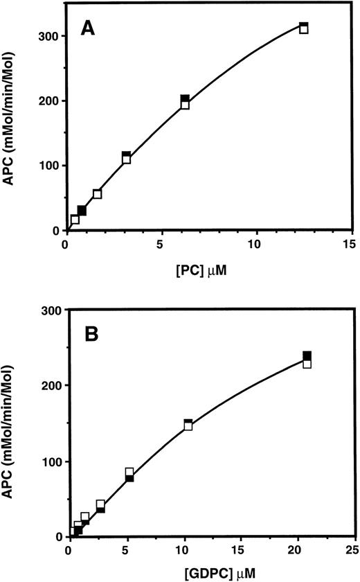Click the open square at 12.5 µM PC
303,29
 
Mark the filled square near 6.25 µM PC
185,100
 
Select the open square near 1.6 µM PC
97,194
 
